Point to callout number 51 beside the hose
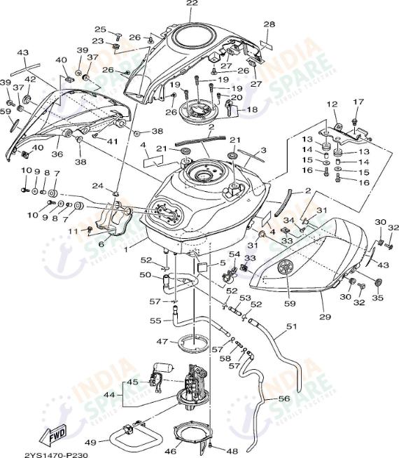tap(291, 326)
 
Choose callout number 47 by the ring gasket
tap(161, 342)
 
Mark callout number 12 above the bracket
tap(332, 104)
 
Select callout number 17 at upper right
tap(358, 102)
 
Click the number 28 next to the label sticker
tap(269, 25)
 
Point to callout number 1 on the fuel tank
tap(125, 249)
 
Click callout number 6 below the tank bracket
tap(101, 244)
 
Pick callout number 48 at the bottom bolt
tap(232, 450)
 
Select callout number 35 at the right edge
tap(380, 298)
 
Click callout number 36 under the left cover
tap(57, 154)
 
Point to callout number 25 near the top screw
tap(100, 29)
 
